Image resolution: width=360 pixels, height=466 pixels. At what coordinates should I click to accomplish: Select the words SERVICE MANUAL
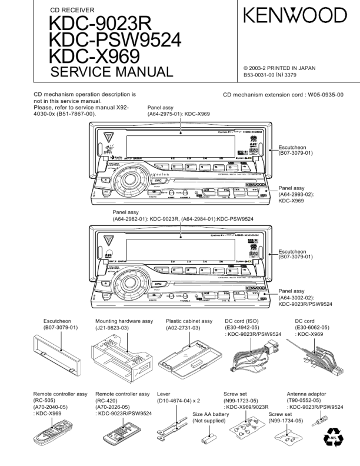pyautogui.click(x=112, y=72)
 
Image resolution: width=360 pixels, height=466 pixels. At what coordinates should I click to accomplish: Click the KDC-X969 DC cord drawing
pyautogui.click(x=318, y=356)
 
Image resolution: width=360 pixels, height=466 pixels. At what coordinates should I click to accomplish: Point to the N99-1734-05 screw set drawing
pyautogui.click(x=288, y=439)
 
